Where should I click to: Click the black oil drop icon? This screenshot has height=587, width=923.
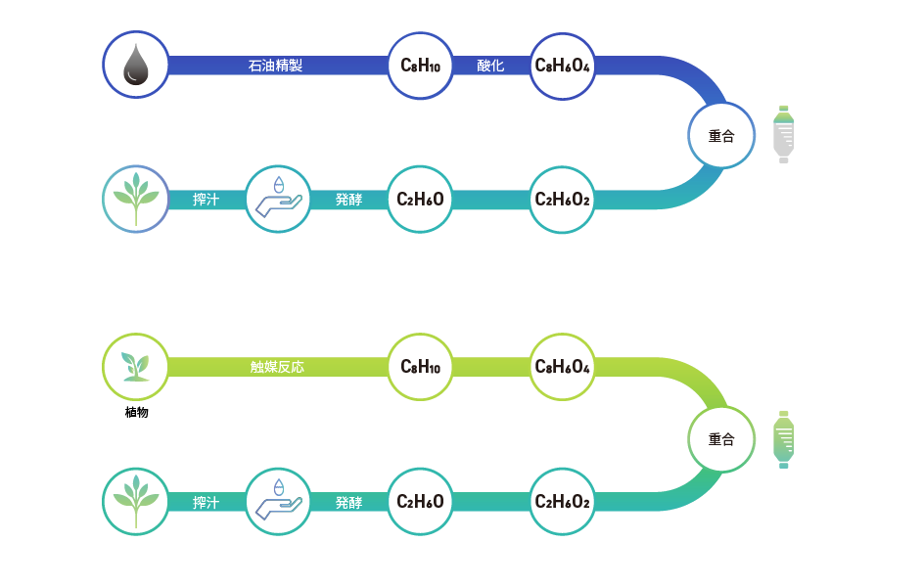(136, 66)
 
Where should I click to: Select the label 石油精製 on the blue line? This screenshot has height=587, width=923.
(275, 66)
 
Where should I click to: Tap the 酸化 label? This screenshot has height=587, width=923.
(490, 66)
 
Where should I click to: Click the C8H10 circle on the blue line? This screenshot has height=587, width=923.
(421, 66)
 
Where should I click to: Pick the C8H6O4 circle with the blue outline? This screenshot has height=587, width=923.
(563, 66)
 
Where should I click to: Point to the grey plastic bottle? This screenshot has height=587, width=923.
(784, 134)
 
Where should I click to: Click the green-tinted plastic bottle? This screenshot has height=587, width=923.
(784, 438)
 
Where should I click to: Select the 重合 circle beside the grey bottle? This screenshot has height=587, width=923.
(721, 136)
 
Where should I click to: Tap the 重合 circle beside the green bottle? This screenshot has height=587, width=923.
(721, 439)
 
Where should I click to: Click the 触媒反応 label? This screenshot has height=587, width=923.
(277, 368)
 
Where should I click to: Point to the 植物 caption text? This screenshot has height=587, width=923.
(136, 412)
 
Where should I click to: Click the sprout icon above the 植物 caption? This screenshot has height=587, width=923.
(136, 367)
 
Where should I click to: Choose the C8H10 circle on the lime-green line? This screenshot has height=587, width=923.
(421, 368)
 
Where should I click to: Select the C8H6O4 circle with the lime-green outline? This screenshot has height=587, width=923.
(563, 368)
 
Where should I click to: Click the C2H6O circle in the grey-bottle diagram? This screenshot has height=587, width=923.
(421, 200)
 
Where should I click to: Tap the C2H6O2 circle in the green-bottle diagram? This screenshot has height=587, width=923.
(563, 502)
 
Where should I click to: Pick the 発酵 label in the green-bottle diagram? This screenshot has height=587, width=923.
(348, 502)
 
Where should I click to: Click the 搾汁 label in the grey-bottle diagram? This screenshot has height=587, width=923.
(206, 200)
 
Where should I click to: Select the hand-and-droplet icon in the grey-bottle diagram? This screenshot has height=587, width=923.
(278, 199)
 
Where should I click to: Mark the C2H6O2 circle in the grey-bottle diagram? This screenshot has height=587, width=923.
(563, 200)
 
